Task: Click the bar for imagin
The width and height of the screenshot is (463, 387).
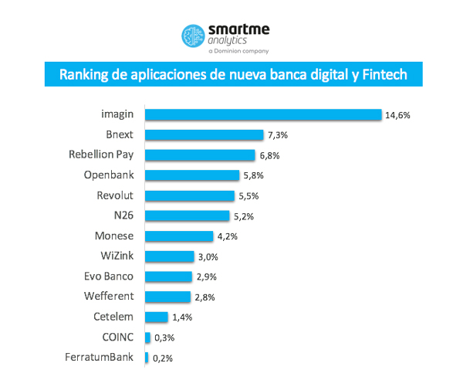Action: (x=262, y=114)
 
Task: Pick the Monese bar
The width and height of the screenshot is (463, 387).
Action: (x=178, y=236)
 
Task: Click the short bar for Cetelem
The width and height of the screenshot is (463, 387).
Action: (x=156, y=317)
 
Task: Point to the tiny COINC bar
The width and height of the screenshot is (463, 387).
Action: (x=147, y=337)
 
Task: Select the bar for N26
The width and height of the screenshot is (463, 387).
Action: (x=187, y=216)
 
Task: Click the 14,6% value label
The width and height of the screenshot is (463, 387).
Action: (x=398, y=115)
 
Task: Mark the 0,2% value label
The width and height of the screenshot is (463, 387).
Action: (x=163, y=358)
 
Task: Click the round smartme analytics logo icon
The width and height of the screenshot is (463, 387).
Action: (x=192, y=36)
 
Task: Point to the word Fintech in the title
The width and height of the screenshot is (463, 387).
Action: (x=381, y=76)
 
